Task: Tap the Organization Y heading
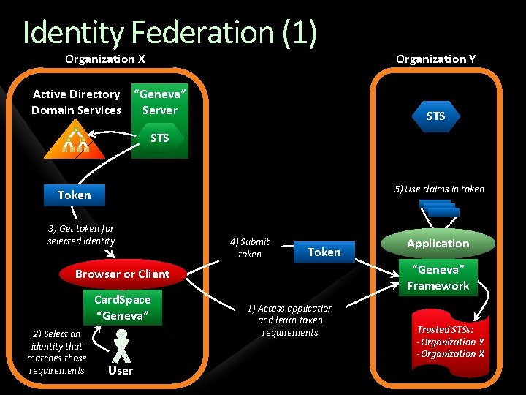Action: click(435, 59)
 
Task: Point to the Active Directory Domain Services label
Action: click(76, 102)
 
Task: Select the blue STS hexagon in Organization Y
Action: click(435, 116)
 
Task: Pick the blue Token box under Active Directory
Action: click(75, 195)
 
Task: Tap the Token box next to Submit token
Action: click(324, 252)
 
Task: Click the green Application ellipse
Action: click(438, 244)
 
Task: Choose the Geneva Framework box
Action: click(438, 278)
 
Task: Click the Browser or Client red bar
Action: click(122, 274)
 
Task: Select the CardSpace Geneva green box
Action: click(123, 308)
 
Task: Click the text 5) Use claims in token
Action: click(439, 189)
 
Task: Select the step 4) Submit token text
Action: click(249, 248)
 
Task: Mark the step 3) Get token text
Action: click(80, 235)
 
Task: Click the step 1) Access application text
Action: click(290, 320)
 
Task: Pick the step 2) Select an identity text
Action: click(56, 352)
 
